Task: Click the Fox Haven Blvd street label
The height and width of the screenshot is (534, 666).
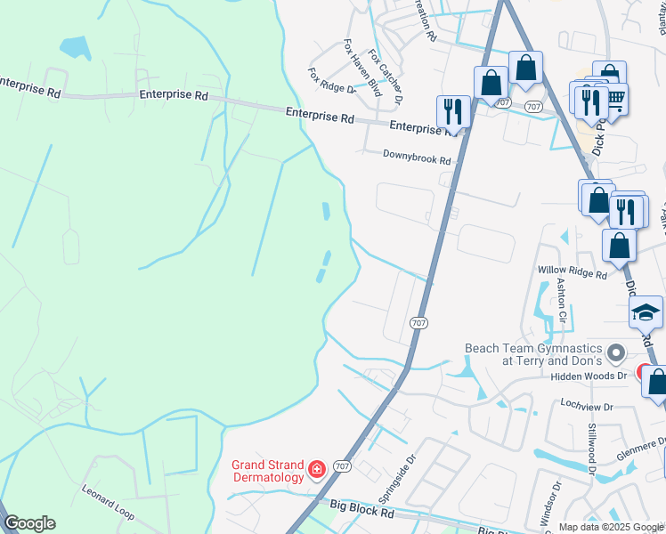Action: (363, 68)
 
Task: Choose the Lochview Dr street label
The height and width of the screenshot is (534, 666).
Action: (583, 407)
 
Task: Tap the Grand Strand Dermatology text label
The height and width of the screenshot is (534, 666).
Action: (267, 470)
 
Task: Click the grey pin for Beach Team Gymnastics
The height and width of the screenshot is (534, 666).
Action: (614, 356)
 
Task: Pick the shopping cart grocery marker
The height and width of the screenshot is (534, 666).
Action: (614, 97)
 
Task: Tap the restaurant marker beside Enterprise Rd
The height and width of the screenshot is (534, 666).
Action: (453, 112)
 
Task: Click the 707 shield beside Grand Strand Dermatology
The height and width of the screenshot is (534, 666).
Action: (342, 466)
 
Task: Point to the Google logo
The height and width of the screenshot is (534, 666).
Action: (28, 523)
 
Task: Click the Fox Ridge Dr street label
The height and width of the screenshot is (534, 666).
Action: (331, 80)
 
